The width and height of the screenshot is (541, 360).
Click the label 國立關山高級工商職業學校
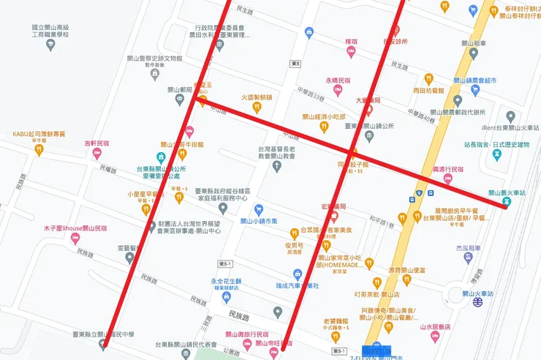click(50, 30)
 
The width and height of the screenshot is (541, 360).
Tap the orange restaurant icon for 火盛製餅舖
click(257, 107)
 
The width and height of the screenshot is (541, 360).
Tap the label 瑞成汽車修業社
click(298, 285)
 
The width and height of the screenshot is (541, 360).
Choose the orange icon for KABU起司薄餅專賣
click(39, 149)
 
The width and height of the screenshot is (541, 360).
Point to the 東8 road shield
click(296, 64)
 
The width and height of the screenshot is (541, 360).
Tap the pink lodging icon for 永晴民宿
click(338, 90)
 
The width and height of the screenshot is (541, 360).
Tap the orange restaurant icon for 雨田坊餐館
click(428, 79)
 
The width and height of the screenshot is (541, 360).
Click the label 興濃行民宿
click(448, 169)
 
